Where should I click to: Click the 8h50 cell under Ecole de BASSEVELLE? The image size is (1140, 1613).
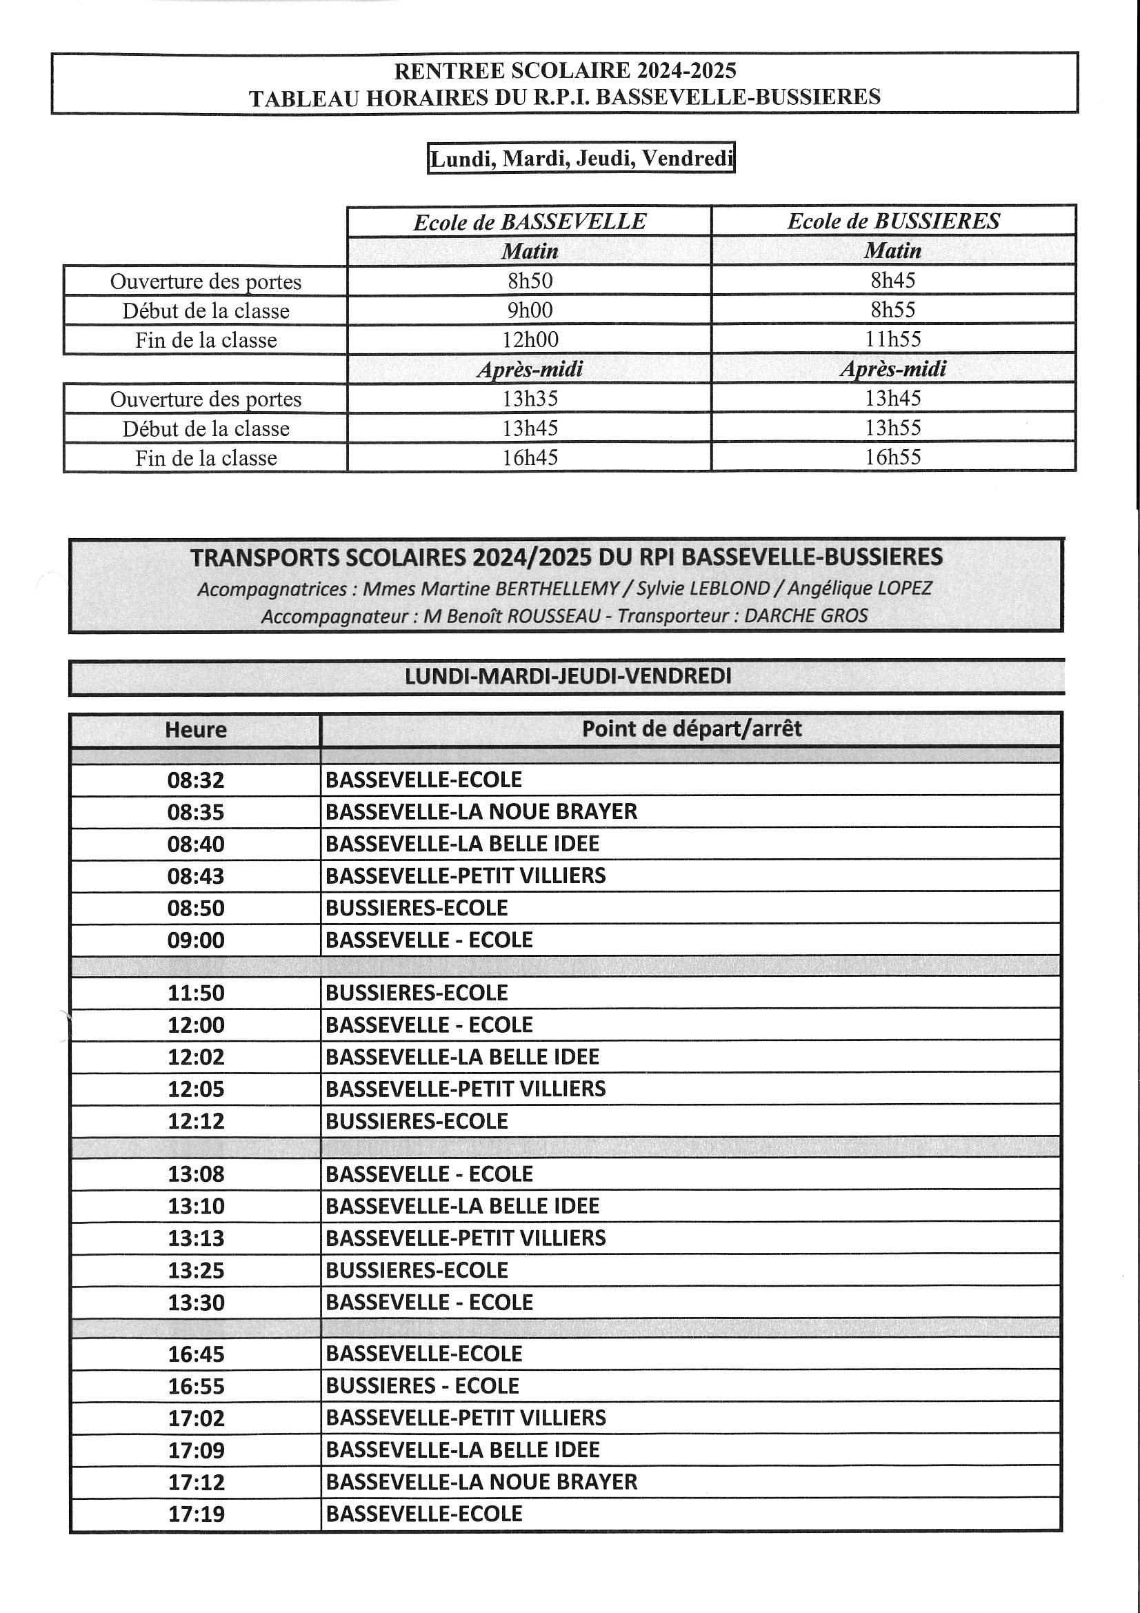point(530,280)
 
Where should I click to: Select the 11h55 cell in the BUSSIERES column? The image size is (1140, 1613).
point(892,339)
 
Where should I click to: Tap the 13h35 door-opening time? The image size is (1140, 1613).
point(530,398)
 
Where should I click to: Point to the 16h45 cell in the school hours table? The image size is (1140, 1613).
point(530,457)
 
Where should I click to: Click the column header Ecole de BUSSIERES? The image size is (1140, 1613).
point(892,221)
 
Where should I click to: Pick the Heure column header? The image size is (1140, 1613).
point(195,729)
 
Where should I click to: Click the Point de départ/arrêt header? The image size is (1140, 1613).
point(691,729)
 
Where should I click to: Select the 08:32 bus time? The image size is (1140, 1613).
point(195,780)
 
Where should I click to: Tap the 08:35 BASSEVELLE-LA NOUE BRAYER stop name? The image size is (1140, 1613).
point(481,811)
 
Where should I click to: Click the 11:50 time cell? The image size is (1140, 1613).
point(195,993)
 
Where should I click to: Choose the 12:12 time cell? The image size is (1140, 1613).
point(195,1120)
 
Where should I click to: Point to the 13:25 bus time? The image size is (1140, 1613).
point(195,1270)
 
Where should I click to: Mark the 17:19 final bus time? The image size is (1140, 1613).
point(195,1514)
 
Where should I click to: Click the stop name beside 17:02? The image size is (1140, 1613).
point(466,1418)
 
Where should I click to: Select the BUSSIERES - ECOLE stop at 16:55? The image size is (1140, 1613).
point(422,1385)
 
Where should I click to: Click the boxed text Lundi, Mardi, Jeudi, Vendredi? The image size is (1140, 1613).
point(581,158)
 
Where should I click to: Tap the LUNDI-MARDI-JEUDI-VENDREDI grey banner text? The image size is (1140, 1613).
point(568,676)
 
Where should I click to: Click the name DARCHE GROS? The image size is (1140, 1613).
point(805,615)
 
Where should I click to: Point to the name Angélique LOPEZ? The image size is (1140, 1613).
point(859,588)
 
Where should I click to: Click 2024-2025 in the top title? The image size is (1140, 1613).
point(686,70)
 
